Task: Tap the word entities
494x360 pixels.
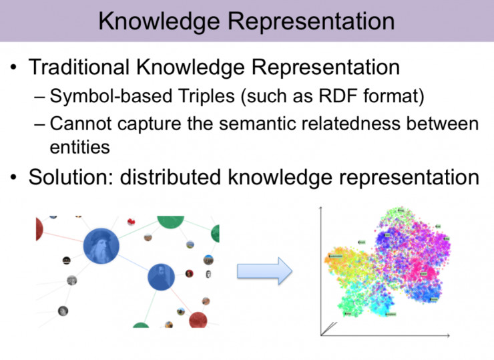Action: tap(80, 147)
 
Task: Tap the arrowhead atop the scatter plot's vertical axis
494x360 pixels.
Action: tap(322, 208)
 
